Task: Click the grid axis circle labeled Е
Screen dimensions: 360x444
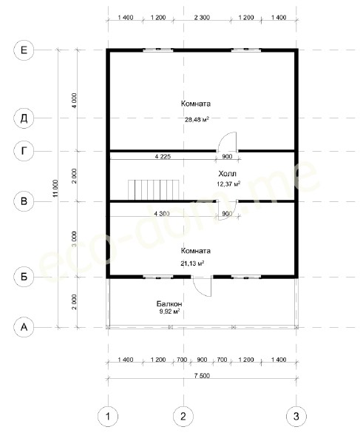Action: (x=24, y=50)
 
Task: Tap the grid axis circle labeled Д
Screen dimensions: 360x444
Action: (x=24, y=118)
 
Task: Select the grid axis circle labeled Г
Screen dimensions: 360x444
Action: (x=24, y=151)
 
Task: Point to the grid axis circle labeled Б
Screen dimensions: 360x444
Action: (x=24, y=277)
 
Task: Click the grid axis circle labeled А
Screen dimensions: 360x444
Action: (x=24, y=327)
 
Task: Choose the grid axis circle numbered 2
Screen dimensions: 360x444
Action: (x=183, y=416)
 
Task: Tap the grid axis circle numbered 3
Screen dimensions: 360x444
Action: (x=296, y=416)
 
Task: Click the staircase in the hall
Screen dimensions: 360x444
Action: (x=154, y=189)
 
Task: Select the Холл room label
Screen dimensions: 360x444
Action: (x=227, y=173)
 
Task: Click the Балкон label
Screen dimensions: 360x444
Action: (x=169, y=304)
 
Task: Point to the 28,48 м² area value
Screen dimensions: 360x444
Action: (x=197, y=119)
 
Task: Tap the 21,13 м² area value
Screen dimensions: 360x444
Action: (x=193, y=263)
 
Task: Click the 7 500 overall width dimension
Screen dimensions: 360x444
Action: (x=202, y=375)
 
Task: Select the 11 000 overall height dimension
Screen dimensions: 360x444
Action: (x=55, y=188)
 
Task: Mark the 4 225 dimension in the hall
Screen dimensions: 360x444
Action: (x=163, y=156)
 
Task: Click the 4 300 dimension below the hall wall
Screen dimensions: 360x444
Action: (x=162, y=214)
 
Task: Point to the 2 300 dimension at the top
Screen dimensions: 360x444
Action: (x=202, y=18)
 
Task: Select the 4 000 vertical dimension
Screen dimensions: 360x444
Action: (x=74, y=101)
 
